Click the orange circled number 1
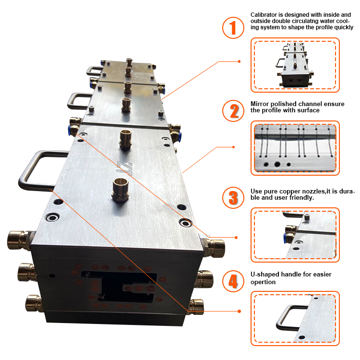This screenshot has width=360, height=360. click(233, 28)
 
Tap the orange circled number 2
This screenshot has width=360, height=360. click(233, 111)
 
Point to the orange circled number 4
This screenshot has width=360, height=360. click(233, 281)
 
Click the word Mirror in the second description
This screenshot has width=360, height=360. click(260, 103)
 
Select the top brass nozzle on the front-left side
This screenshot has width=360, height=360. click(18, 239)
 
